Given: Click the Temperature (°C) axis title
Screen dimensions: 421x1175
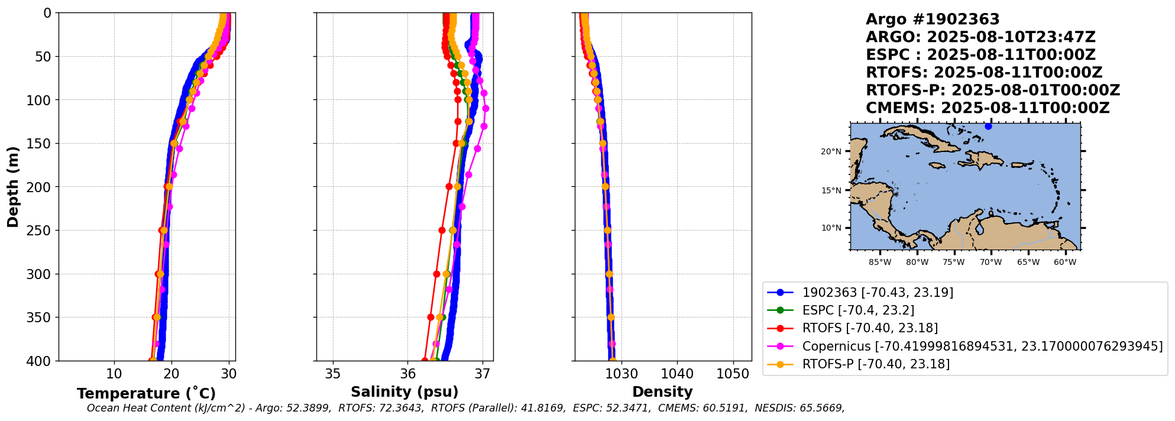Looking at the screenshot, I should click(x=146, y=394).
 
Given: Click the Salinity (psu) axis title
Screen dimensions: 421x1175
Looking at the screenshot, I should click(x=404, y=392).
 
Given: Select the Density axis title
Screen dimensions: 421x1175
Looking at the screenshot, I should click(x=662, y=392).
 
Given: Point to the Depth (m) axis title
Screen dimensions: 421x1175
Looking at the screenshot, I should click(x=13, y=187).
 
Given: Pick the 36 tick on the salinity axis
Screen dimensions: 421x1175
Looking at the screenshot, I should click(x=408, y=374).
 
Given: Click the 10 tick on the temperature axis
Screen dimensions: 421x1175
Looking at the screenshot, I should click(x=114, y=374).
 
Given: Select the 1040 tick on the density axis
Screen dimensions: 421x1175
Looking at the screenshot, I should click(x=677, y=374).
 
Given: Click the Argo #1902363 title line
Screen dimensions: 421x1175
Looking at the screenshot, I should click(x=933, y=20).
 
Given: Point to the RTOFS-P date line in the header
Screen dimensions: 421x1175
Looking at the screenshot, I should click(x=993, y=90).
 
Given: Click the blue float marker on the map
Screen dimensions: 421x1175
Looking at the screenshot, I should click(x=988, y=126).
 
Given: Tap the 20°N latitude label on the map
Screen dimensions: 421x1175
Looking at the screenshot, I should click(x=831, y=152).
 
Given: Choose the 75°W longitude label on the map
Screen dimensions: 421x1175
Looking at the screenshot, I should click(x=954, y=262).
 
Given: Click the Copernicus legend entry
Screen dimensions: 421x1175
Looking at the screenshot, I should click(x=982, y=346).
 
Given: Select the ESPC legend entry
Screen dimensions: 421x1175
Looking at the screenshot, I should click(x=858, y=310).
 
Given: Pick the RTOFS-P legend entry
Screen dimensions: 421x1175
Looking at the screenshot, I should click(x=875, y=364).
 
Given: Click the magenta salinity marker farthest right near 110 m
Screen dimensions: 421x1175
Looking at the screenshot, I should click(x=485, y=108).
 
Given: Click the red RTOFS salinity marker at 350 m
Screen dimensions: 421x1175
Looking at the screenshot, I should click(x=430, y=318).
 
